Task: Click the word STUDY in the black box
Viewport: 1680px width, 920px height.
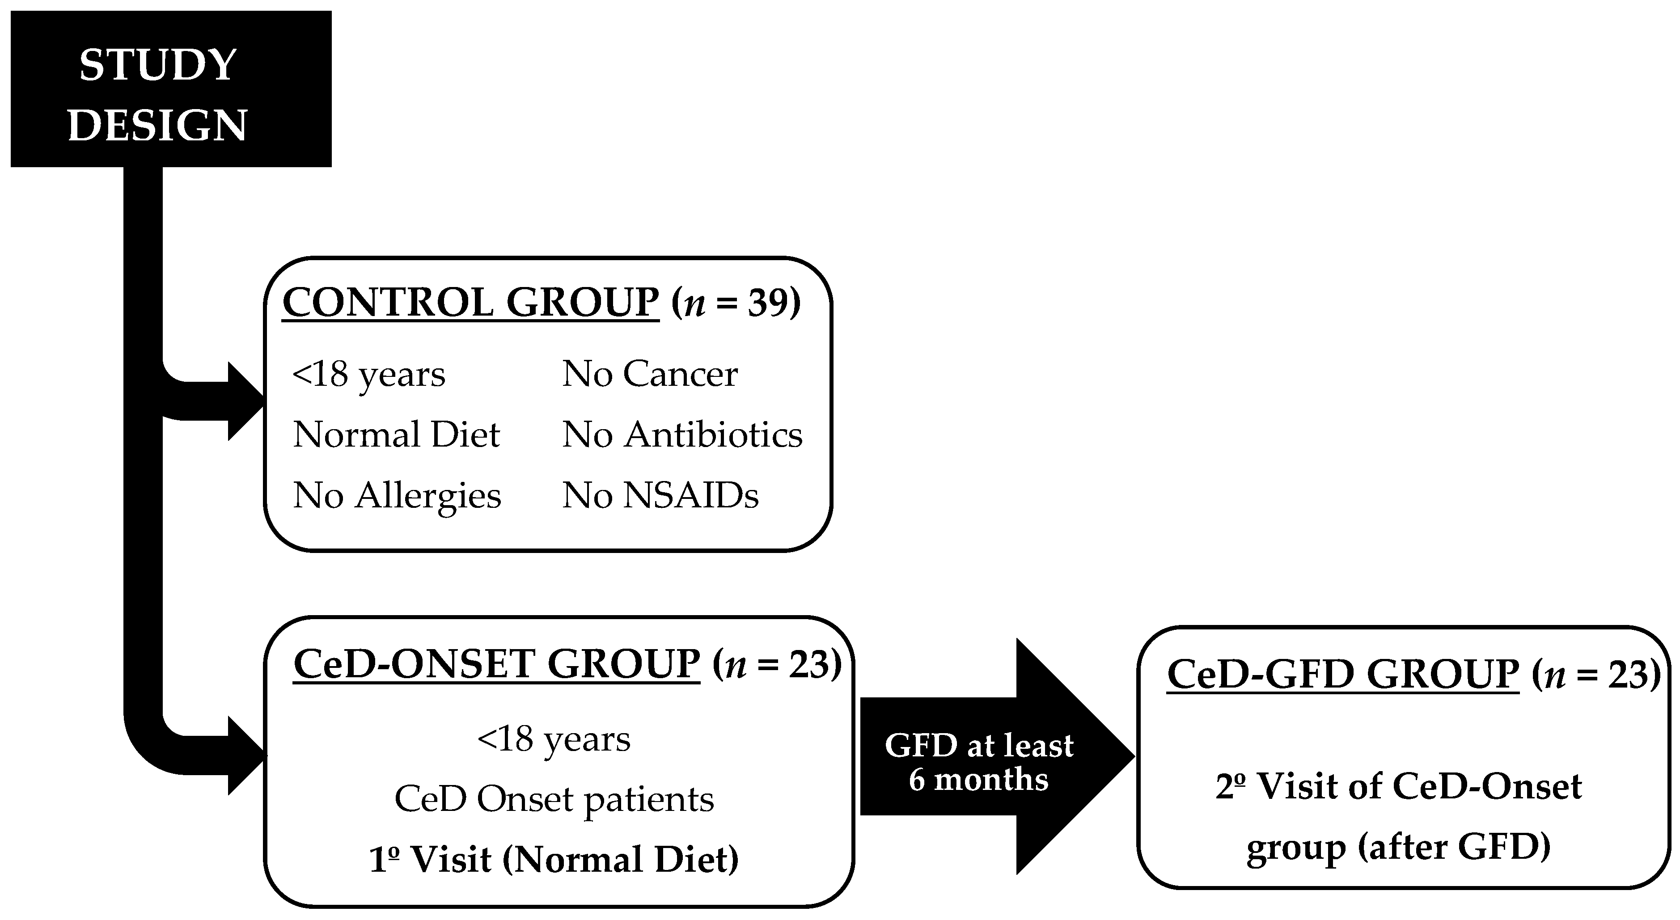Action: click(158, 65)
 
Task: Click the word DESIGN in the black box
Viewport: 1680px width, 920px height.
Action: click(158, 125)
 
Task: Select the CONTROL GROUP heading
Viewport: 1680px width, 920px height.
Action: click(470, 303)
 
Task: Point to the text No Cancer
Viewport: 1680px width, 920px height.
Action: click(650, 374)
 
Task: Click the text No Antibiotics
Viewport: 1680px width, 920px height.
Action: click(682, 435)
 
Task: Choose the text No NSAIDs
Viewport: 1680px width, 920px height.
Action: click(660, 495)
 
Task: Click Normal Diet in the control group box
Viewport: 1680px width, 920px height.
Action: click(396, 435)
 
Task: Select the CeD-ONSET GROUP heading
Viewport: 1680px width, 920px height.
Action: click(496, 664)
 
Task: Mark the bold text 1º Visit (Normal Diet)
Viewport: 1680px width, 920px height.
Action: click(554, 859)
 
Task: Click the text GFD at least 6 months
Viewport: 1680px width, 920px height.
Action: click(978, 762)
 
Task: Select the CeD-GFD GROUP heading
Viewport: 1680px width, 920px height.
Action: click(1343, 674)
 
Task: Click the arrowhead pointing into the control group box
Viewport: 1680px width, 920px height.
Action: click(246, 401)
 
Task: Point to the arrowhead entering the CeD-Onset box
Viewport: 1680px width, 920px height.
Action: click(246, 755)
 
